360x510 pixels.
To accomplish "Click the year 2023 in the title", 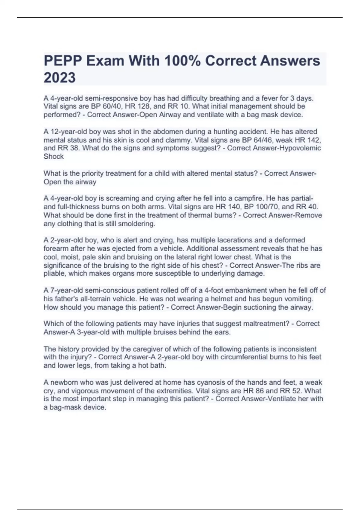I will (x=60, y=78).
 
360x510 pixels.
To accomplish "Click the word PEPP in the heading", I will (x=63, y=61).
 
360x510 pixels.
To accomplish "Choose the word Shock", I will (x=54, y=157).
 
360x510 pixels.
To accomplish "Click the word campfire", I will (x=247, y=199).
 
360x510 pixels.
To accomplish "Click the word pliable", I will (x=54, y=274).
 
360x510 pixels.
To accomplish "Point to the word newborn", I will (x=64, y=382).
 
